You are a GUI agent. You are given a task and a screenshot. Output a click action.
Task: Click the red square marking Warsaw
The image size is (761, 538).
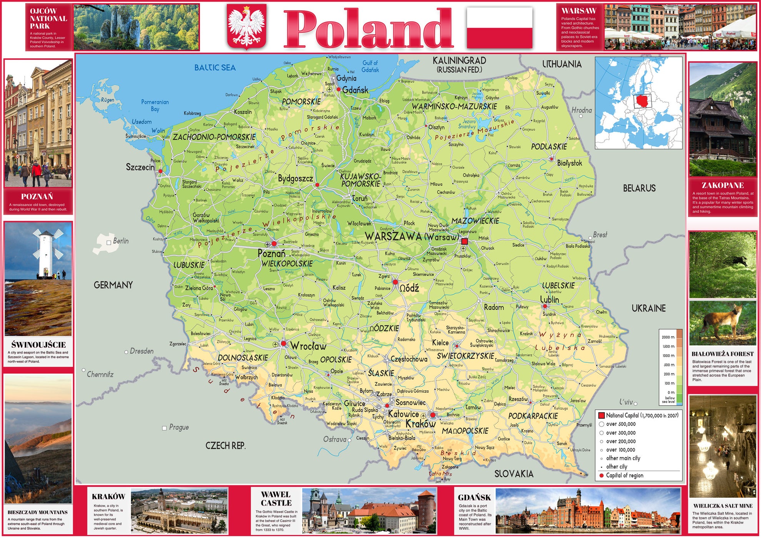465,241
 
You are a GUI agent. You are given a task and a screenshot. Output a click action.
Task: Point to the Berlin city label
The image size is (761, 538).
120,241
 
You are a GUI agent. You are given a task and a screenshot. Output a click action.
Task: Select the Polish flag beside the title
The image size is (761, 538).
500,28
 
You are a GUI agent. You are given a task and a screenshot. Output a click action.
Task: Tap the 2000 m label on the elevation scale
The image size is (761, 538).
668,337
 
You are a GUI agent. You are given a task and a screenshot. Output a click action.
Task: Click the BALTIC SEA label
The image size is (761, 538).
215,68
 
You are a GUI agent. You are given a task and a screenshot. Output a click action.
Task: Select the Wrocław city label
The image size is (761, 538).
308,346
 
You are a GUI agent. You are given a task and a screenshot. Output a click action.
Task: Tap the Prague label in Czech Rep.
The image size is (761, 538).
178,427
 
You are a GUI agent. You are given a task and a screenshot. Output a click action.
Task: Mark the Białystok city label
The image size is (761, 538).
569,163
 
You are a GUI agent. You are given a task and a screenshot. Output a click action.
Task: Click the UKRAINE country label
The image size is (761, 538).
648,308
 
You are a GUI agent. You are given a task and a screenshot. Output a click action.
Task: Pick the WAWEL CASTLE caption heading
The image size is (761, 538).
276,499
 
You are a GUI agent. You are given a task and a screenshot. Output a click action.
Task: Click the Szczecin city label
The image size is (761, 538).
140,167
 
